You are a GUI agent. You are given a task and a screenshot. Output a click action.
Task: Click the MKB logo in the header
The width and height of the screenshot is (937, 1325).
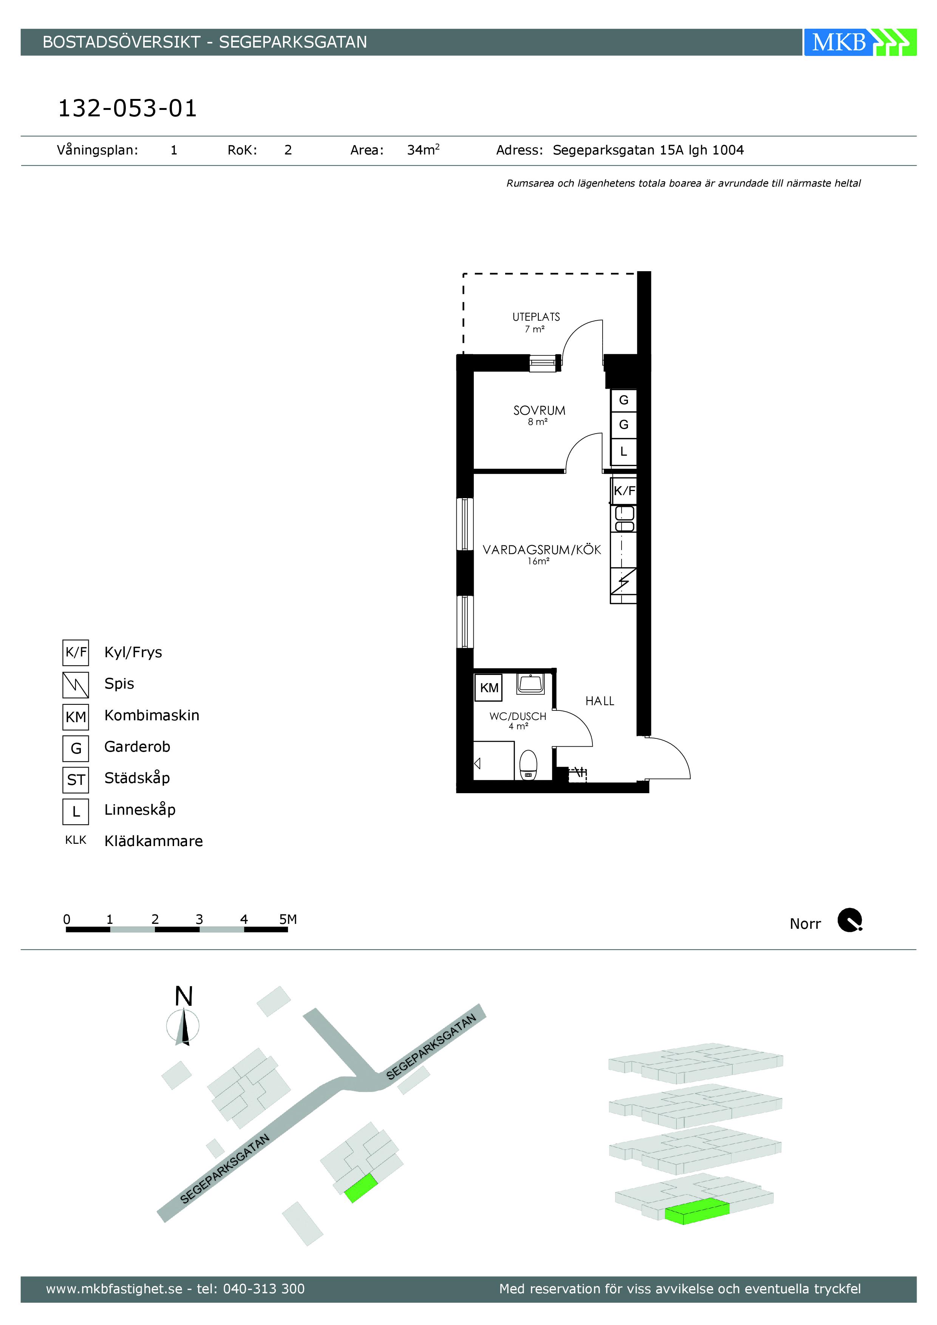tap(860, 42)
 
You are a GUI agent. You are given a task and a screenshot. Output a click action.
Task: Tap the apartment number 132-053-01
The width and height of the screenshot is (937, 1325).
tap(128, 108)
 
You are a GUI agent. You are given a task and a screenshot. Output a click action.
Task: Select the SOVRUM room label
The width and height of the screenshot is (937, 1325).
tap(539, 410)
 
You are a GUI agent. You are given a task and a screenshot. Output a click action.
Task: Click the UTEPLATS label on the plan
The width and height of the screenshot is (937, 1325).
tap(536, 317)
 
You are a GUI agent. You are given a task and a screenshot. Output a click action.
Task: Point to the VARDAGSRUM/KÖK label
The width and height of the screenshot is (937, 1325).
tap(541, 550)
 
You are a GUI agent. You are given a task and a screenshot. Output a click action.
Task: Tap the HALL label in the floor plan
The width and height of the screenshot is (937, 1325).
tap(600, 701)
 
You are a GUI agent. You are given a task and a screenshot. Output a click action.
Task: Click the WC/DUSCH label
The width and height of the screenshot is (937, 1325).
tap(518, 716)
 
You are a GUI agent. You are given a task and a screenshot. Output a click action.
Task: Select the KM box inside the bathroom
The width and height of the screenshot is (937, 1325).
tap(489, 687)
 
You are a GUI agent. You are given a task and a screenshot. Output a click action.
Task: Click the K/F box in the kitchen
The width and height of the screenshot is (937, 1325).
tap(624, 491)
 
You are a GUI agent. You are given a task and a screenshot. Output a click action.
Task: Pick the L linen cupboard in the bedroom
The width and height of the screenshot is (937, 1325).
tap(623, 451)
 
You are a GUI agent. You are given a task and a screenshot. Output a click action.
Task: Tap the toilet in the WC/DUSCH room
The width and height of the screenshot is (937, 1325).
tap(528, 764)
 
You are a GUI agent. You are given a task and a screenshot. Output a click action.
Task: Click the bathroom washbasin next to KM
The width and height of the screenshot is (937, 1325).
tap(530, 683)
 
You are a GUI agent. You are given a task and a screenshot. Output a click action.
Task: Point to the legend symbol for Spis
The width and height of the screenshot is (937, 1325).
tap(76, 685)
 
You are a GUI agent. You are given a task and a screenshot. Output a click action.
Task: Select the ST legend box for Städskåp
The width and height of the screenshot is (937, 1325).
tap(76, 780)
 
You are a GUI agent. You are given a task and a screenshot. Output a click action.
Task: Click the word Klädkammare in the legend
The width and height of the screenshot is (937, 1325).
tap(153, 841)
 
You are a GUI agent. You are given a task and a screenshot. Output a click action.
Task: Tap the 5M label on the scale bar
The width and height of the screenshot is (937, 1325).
tap(288, 919)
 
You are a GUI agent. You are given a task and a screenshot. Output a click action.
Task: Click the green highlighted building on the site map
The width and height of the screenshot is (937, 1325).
tap(361, 1187)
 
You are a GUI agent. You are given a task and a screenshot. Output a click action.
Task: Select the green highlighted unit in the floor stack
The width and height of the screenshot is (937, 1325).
tap(697, 1211)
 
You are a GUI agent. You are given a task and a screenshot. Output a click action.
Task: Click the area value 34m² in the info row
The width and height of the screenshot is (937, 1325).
tap(423, 150)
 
